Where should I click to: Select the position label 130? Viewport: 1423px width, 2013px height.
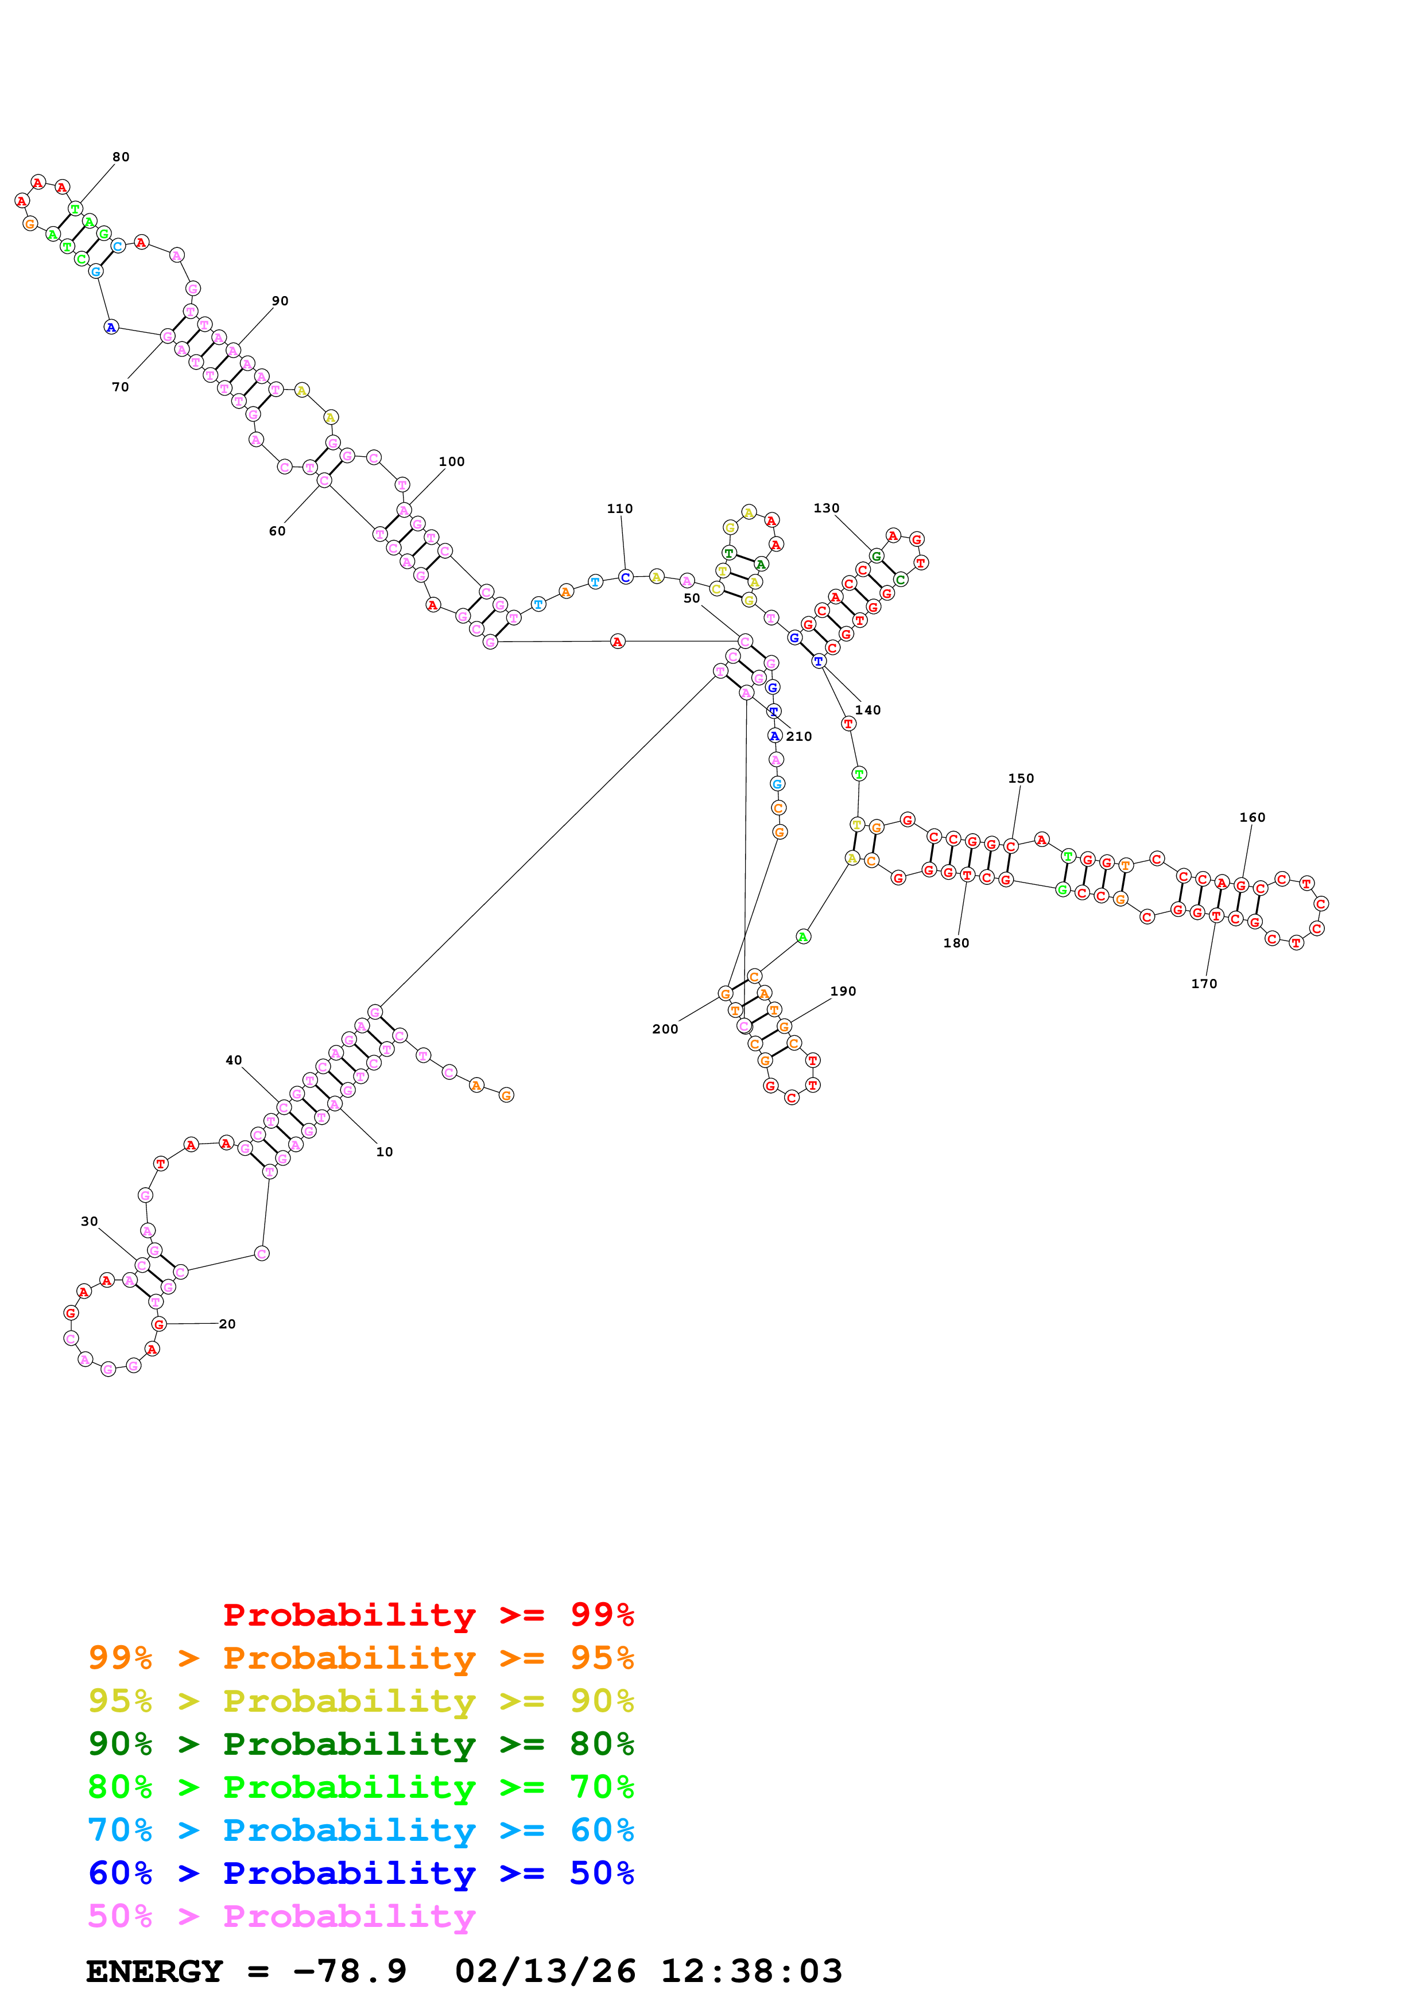[826, 508]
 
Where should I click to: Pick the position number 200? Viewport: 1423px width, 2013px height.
[665, 1030]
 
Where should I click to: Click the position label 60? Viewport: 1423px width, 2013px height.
[277, 531]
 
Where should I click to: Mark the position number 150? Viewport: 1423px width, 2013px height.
[1021, 779]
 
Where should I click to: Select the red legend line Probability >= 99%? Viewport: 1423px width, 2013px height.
[428, 1615]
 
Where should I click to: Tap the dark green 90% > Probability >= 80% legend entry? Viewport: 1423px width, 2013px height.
[360, 1744]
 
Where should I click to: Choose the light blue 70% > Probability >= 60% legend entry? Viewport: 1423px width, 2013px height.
[360, 1831]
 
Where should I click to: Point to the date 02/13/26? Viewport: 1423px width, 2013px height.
[545, 1972]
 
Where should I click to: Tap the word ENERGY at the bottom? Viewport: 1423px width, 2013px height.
[154, 1972]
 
